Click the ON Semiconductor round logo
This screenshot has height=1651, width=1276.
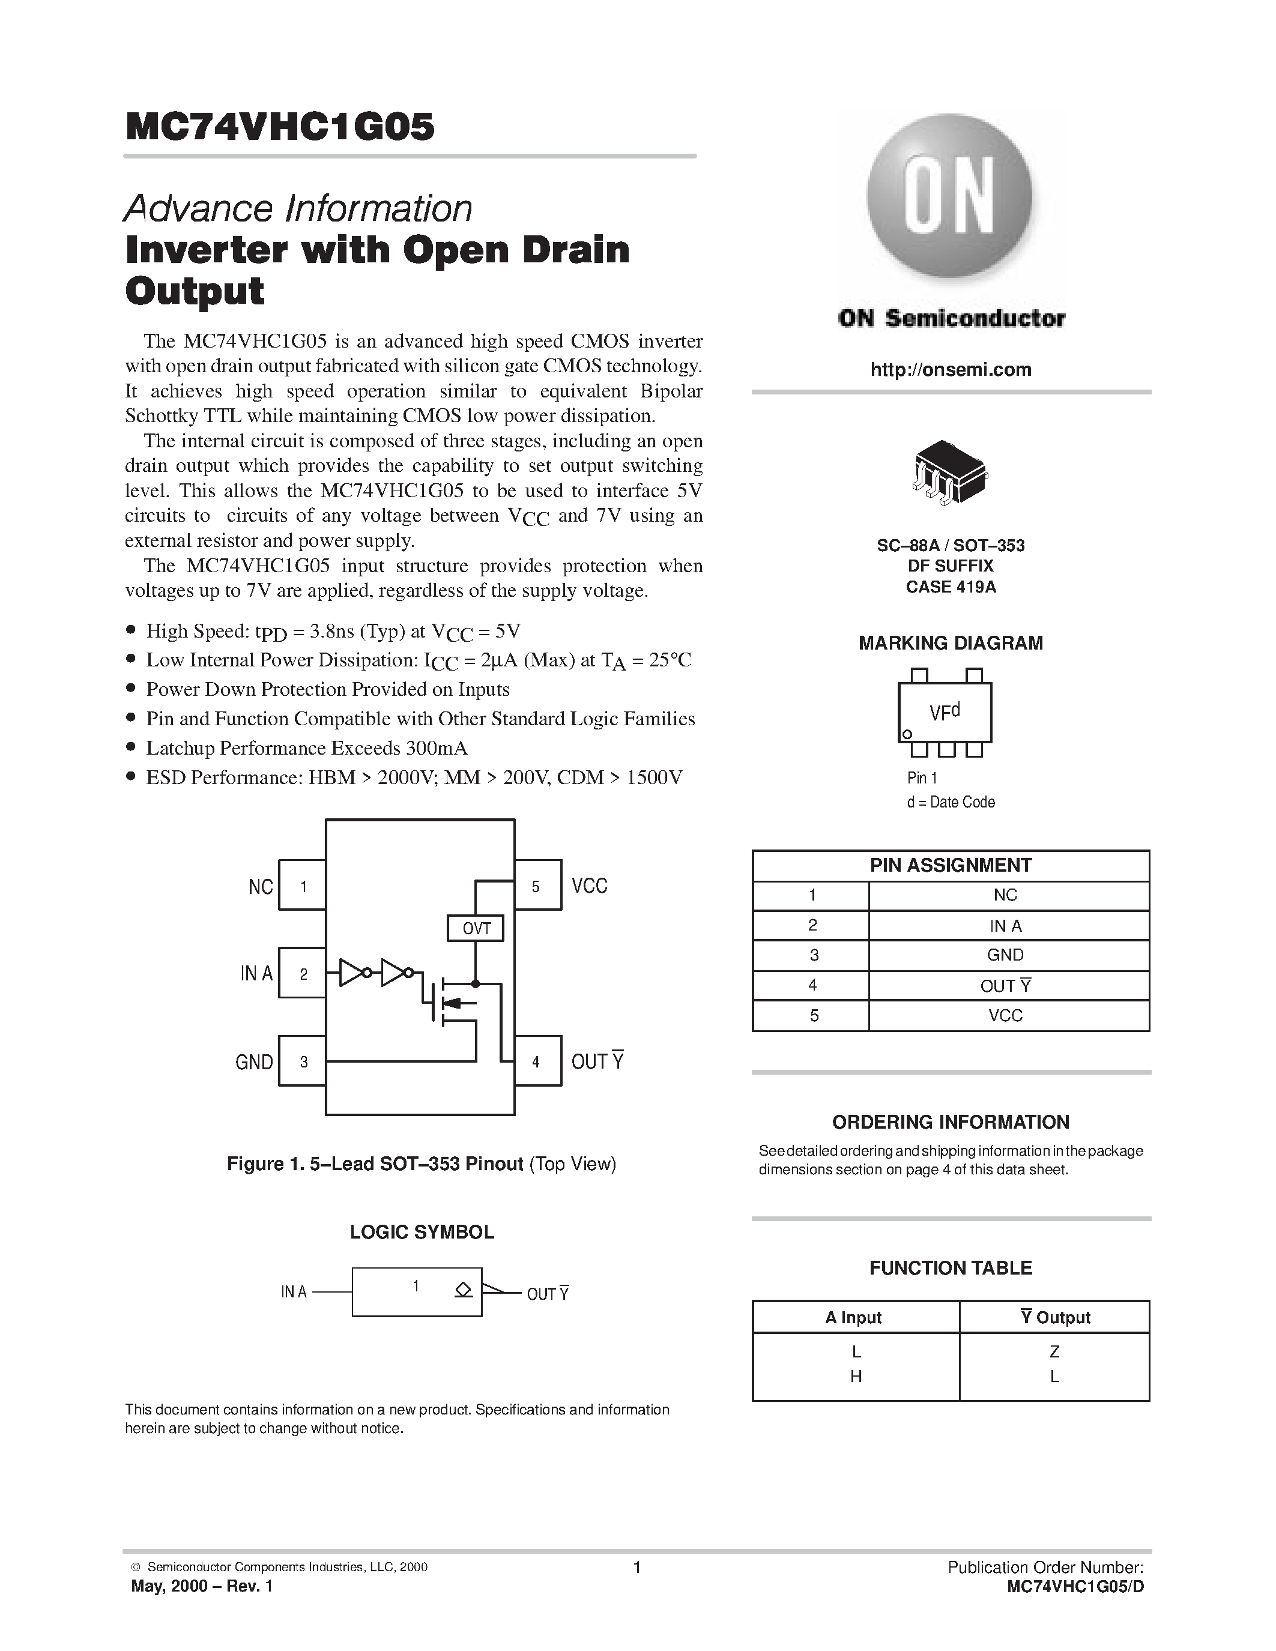point(949,198)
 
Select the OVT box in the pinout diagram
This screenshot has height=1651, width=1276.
point(476,928)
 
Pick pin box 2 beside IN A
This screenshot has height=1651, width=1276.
point(303,974)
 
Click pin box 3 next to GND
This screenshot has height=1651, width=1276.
point(303,1061)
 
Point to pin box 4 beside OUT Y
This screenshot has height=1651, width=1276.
point(537,1061)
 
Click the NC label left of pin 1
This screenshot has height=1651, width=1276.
point(260,887)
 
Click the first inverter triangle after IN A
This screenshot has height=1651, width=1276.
point(351,973)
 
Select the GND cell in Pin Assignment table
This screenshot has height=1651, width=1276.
point(1005,955)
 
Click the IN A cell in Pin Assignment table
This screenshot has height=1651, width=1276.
point(1005,925)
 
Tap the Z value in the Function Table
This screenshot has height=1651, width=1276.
point(1054,1351)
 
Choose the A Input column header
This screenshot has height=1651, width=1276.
point(853,1318)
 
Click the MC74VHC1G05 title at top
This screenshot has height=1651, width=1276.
point(280,127)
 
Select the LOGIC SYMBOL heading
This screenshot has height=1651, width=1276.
point(422,1231)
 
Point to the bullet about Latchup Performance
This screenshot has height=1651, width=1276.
point(306,747)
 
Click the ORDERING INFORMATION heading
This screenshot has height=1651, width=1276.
point(950,1122)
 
